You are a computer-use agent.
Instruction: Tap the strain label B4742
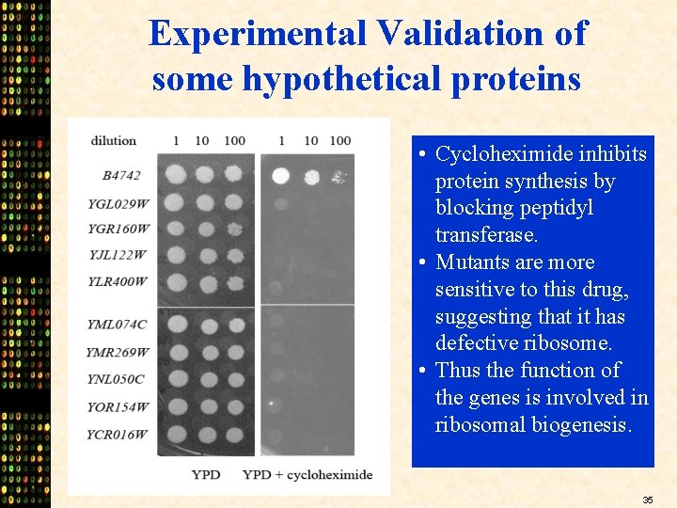122,175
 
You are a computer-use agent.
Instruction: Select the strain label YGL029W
118,203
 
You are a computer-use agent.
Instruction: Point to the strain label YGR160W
118,229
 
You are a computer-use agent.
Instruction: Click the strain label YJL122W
118,254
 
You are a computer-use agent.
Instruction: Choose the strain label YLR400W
118,281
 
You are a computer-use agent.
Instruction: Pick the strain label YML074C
118,325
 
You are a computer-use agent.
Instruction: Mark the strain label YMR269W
118,352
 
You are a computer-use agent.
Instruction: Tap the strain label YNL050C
117,379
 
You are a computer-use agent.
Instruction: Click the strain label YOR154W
118,407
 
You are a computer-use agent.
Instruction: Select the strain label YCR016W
118,435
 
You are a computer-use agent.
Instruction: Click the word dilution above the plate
114,141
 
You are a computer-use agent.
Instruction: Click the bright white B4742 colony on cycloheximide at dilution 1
280,175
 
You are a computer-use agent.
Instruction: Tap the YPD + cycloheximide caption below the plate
307,475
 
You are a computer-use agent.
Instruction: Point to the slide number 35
648,499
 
